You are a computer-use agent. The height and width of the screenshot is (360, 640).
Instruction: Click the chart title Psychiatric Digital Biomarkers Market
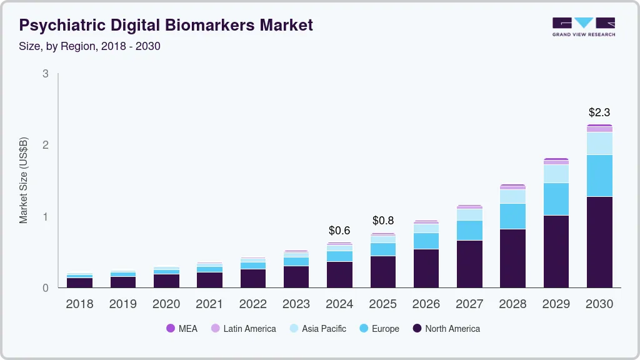[166, 26]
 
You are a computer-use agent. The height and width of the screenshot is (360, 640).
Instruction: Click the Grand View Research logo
[583, 27]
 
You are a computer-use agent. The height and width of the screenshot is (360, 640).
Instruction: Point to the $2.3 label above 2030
[599, 112]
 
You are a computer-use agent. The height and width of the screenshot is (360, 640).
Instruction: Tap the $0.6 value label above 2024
[339, 231]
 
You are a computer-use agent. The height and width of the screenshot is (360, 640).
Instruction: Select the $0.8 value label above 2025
[383, 221]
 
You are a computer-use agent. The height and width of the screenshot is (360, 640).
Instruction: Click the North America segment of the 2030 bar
[599, 242]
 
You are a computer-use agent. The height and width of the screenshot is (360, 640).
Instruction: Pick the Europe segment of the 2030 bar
[599, 176]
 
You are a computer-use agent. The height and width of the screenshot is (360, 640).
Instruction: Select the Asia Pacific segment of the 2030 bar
[599, 143]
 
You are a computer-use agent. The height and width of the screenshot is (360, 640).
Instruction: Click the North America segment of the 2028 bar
[512, 258]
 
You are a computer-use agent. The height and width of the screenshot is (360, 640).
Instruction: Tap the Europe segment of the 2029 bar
[556, 199]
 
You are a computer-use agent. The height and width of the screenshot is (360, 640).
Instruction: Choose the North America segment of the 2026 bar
[426, 268]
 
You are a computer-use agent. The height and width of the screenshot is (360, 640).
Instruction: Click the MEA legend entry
[182, 328]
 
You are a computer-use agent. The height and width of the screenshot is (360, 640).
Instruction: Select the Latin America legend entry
[243, 328]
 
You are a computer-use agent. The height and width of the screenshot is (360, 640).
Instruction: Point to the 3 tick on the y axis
[46, 74]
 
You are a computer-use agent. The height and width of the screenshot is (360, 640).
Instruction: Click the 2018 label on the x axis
[79, 304]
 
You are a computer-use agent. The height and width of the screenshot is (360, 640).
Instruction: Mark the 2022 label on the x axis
[252, 304]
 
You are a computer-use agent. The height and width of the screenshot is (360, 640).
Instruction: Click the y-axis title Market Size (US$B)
[24, 181]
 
